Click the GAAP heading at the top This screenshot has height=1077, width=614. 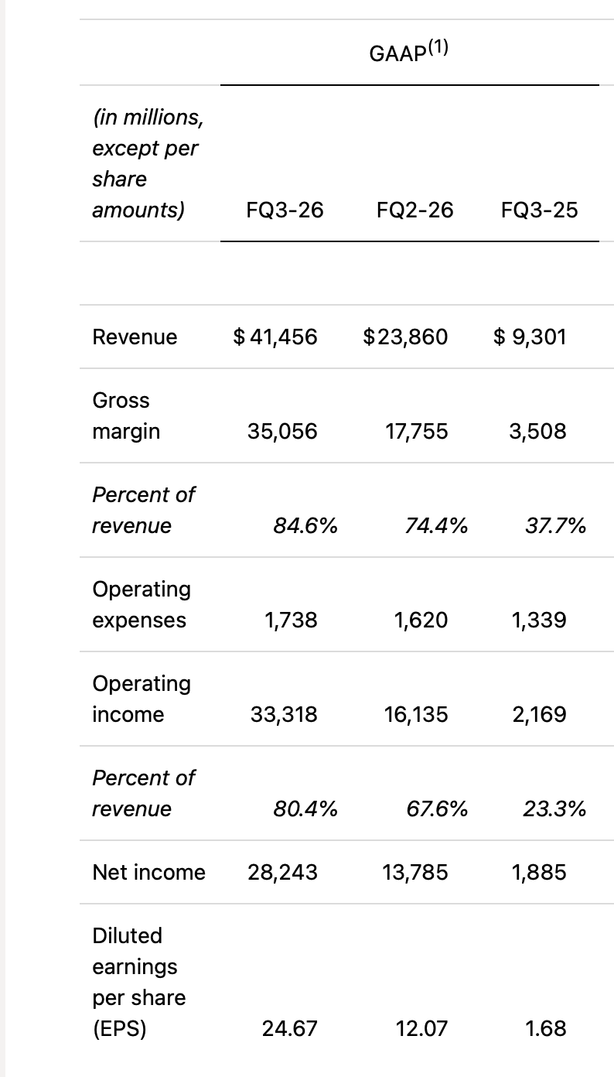click(x=408, y=51)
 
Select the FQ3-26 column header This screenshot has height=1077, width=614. click(x=285, y=210)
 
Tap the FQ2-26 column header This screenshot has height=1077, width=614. click(x=415, y=210)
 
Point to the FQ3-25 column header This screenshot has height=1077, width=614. click(x=540, y=210)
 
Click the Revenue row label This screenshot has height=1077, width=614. click(x=135, y=337)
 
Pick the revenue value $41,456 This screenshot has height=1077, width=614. click(x=275, y=337)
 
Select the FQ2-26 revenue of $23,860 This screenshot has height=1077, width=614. click(x=405, y=337)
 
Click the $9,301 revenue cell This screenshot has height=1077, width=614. click(x=530, y=337)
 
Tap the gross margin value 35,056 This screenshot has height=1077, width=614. click(x=282, y=431)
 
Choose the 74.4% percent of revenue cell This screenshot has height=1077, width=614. click(x=436, y=525)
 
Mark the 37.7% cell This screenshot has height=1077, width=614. click(x=556, y=525)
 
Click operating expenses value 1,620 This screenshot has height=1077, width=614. click(x=421, y=621)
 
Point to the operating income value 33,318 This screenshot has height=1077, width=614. click(x=284, y=714)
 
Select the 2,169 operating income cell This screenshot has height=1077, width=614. click(x=540, y=714)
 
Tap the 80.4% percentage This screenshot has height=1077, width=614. click(x=305, y=809)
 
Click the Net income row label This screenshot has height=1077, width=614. click(x=149, y=872)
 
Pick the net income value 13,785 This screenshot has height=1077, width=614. click(x=415, y=872)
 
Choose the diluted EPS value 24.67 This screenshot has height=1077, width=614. click(x=290, y=1028)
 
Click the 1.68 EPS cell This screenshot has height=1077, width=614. click(x=546, y=1028)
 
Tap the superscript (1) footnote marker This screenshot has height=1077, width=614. click(x=438, y=48)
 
